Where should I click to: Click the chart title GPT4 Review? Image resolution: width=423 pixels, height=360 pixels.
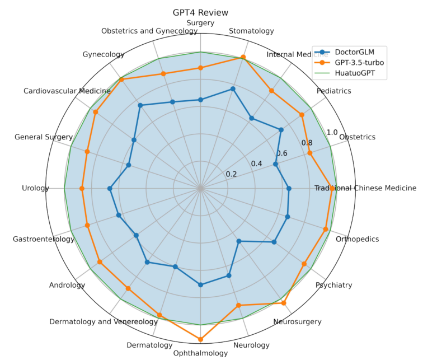pos(201,12)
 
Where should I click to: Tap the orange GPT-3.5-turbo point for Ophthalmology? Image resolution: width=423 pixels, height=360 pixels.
pos(201,339)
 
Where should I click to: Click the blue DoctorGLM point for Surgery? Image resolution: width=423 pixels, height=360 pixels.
pos(201,100)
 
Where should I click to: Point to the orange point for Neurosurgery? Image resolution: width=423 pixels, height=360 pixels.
pos(284,303)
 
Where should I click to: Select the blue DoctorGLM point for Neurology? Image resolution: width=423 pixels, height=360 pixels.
pos(229,275)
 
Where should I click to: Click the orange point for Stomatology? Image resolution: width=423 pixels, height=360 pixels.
pos(243,57)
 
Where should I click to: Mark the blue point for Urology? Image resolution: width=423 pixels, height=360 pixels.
pos(110,189)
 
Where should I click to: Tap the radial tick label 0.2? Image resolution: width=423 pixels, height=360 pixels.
pos(232,174)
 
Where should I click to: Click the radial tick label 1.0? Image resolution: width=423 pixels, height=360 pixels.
pos(332,133)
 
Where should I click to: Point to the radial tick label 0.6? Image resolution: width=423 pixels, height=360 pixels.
pos(281,153)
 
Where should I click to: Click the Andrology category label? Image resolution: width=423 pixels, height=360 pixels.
pos(67,285)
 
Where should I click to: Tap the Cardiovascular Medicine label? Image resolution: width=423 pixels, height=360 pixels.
pos(59,91)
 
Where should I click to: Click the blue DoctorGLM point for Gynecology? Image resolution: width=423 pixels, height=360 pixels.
pos(140,105)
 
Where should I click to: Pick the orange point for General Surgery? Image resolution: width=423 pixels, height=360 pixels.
pos(87,152)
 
